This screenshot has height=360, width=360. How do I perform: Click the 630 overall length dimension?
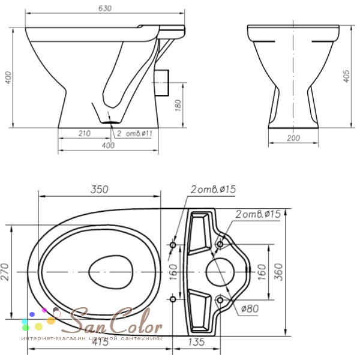click(105, 8)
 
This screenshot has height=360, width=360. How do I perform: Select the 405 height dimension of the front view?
click(346, 76)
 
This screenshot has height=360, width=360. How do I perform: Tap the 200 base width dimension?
click(293, 138)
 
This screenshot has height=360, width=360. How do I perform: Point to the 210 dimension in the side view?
click(85, 133)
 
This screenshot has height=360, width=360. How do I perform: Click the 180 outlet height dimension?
click(178, 106)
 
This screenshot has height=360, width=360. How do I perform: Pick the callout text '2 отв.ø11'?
click(134, 134)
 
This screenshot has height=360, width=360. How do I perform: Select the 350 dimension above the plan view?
click(99, 190)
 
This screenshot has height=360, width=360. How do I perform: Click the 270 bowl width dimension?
click(5, 272)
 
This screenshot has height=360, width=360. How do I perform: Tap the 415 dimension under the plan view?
click(100, 342)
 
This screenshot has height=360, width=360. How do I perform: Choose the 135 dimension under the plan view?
click(196, 342)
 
